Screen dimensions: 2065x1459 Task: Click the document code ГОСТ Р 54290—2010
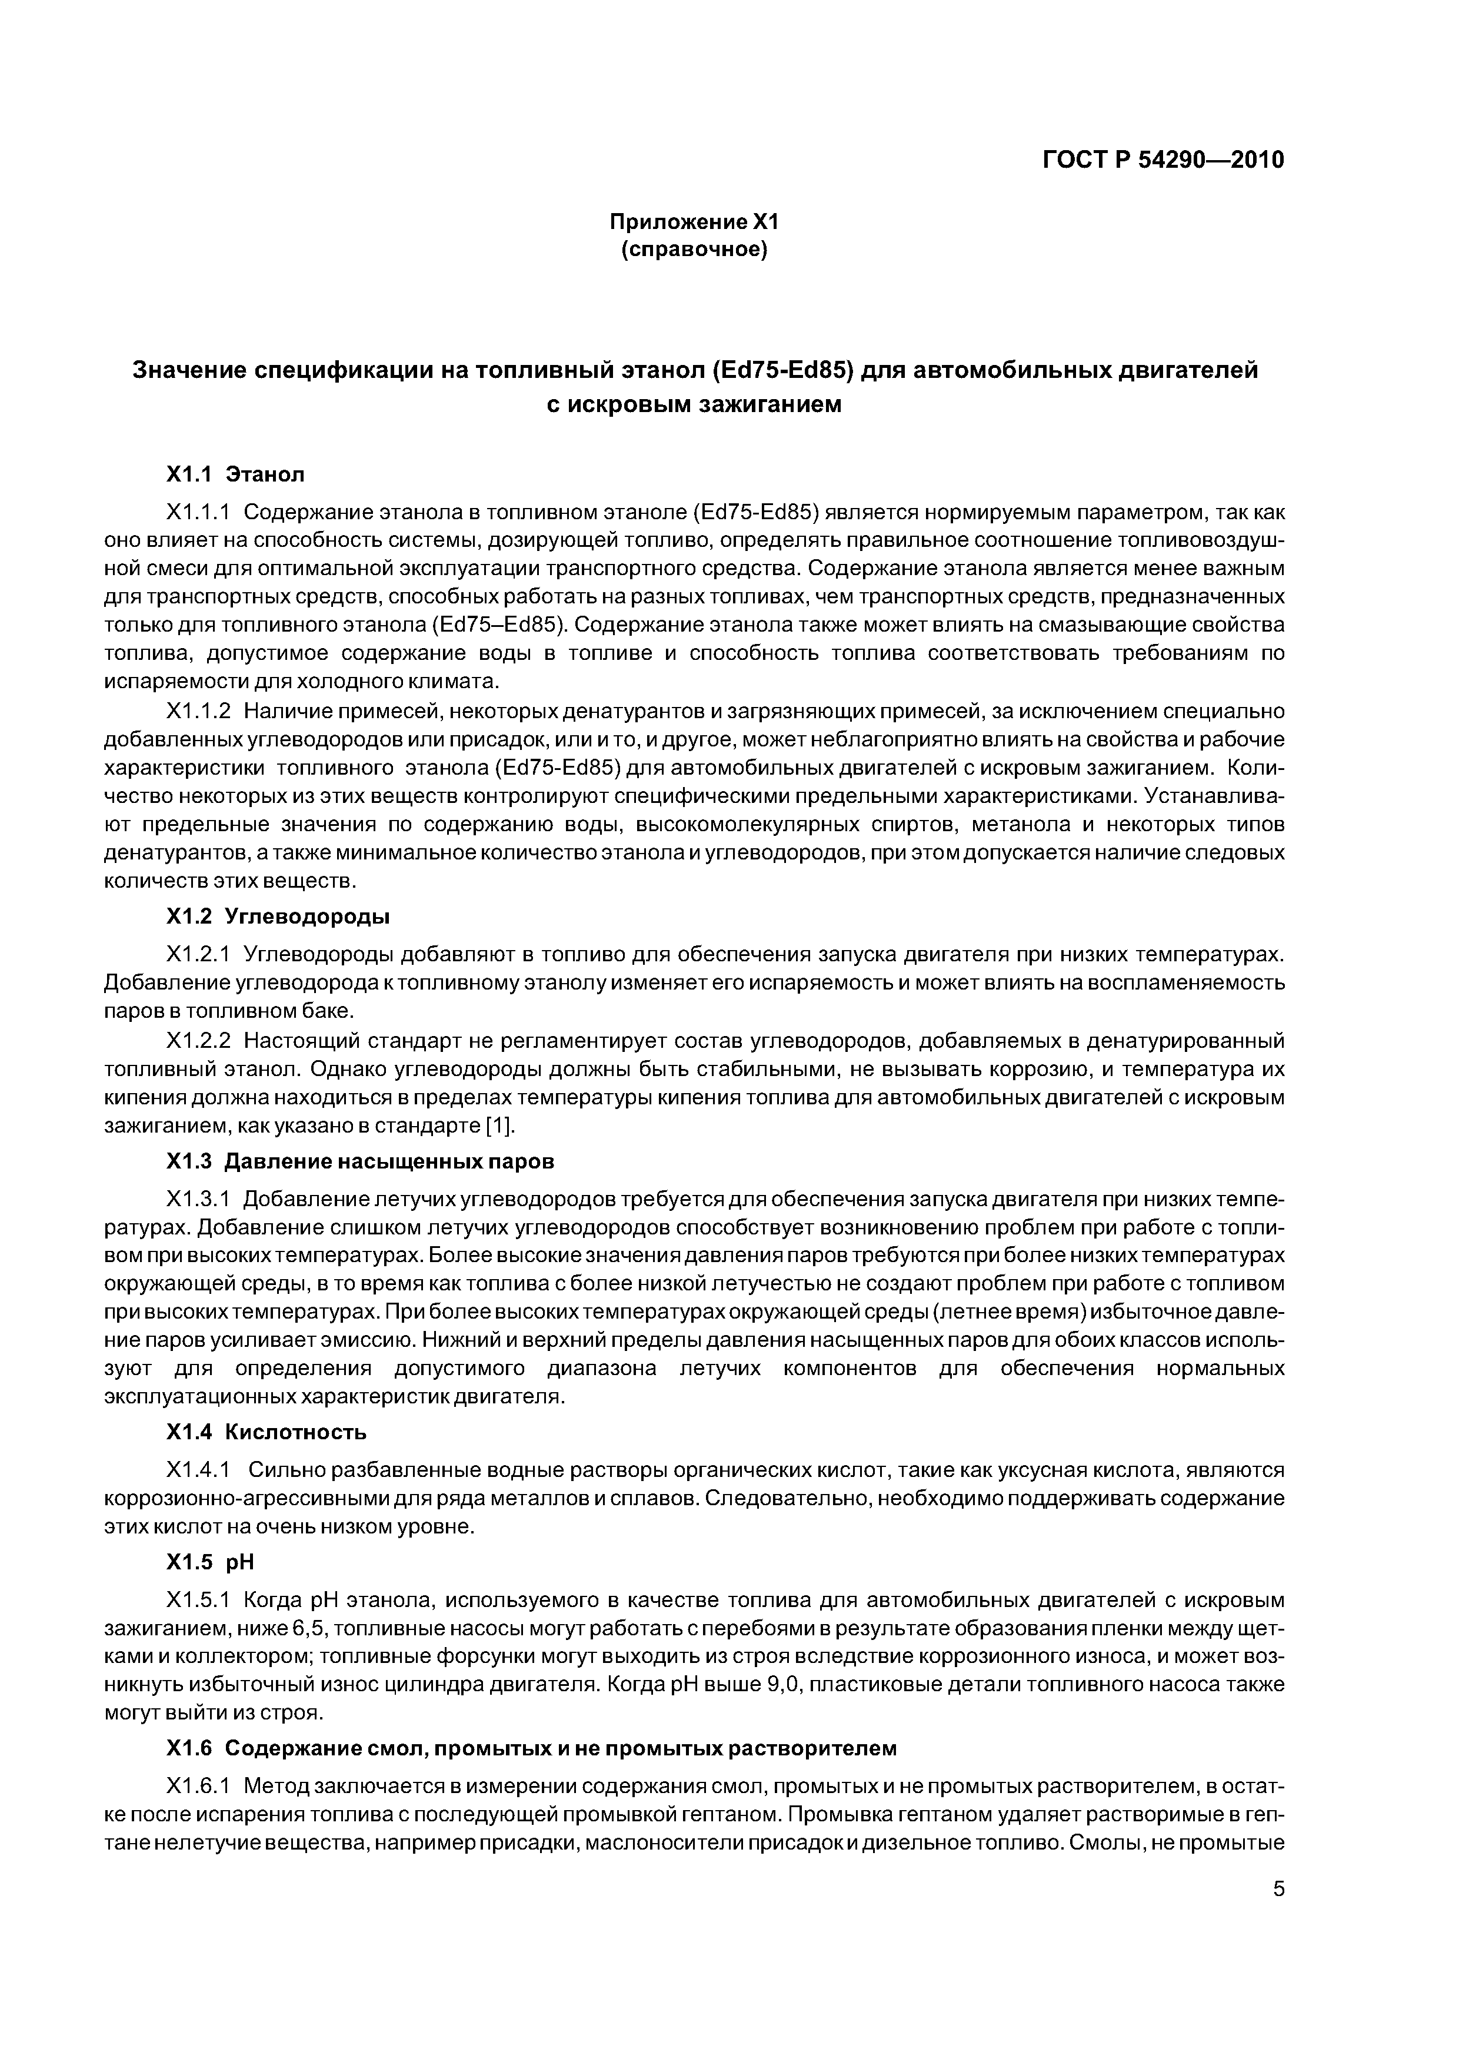pos(1163,160)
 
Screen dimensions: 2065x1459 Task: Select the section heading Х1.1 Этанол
pos(235,473)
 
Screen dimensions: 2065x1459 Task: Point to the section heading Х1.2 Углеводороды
pos(278,917)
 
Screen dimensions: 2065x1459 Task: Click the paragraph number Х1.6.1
pos(199,1786)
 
